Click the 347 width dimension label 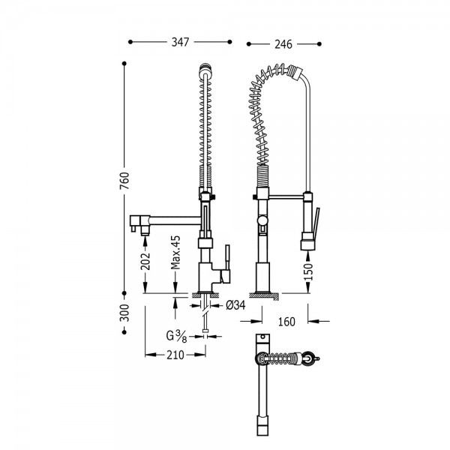pos(180,42)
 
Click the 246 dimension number pos(283,44)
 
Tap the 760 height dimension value pos(124,181)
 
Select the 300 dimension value pos(124,313)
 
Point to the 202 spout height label pos(145,261)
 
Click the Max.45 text pos(175,253)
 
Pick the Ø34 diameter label pos(235,305)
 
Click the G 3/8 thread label pos(176,336)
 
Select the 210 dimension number pos(175,355)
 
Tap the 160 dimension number pos(286,322)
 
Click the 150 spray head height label pos(308,271)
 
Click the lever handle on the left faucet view pos(227,264)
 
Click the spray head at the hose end pos(307,241)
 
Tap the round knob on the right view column pos(262,220)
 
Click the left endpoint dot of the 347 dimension pos(130,42)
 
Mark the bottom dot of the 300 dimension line pos(124,332)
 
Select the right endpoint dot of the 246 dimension pos(319,44)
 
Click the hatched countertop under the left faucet pos(205,295)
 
